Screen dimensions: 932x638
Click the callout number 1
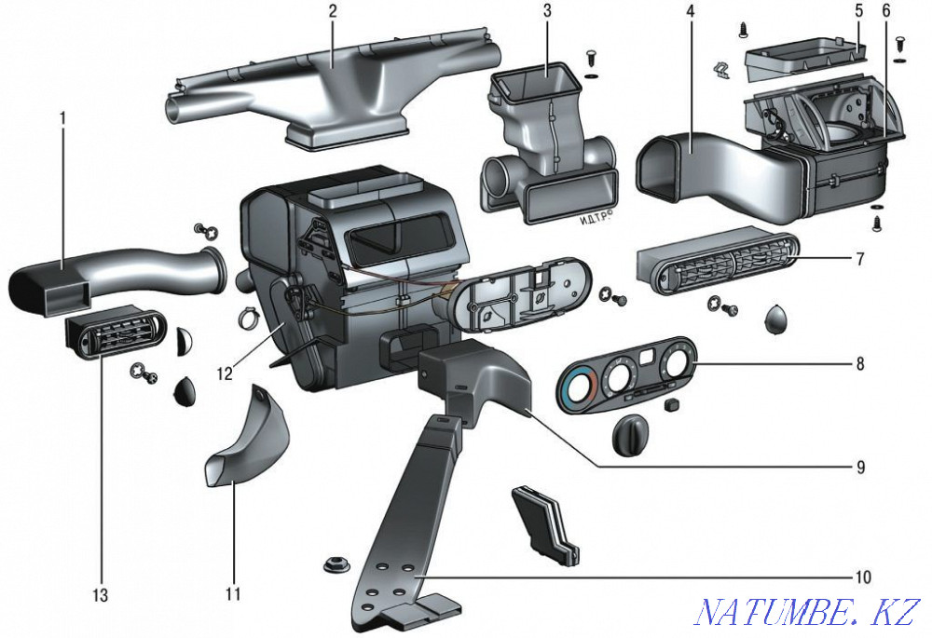62,120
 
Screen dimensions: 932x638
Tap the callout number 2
333,12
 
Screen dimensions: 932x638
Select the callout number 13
101,595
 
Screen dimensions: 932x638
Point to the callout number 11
233,593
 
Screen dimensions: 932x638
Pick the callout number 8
860,363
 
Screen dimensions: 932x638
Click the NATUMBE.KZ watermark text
808,611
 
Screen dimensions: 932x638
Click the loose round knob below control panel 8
631,436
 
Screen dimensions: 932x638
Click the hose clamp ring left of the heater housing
250,319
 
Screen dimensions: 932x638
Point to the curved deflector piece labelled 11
247,440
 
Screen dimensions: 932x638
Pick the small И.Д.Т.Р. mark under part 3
593,217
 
